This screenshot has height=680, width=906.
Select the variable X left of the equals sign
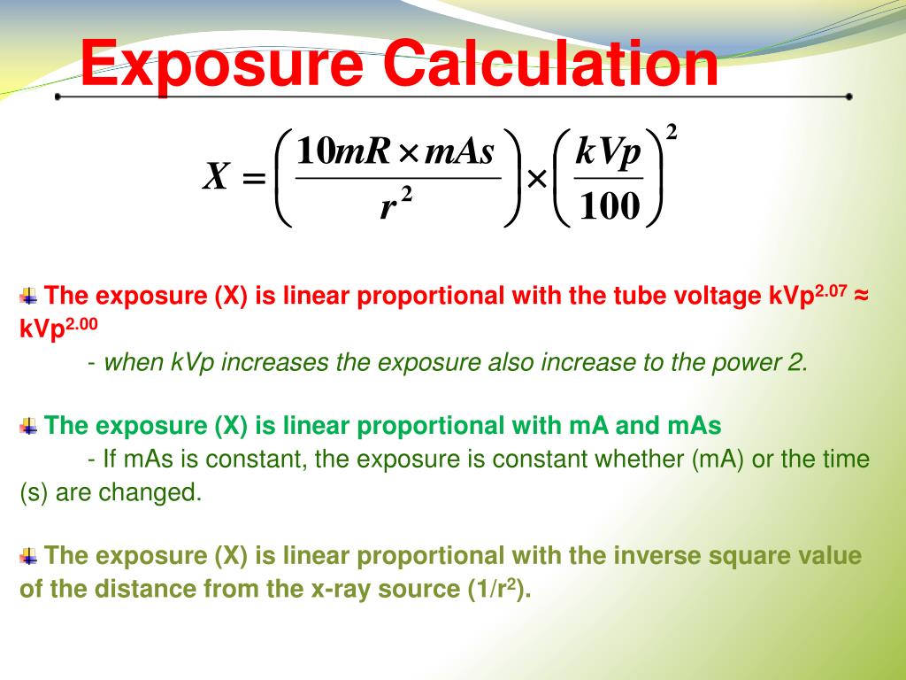coord(217,177)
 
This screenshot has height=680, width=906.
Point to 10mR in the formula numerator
coord(343,151)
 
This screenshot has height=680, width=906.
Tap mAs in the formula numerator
coord(459,151)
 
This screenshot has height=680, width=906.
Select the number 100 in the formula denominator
coord(609,206)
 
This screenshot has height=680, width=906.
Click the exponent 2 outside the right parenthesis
coord(672,133)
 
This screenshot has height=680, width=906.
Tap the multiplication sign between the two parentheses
coord(536,180)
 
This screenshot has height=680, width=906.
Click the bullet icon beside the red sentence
coord(28,296)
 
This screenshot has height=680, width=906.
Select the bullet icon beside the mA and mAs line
coord(28,427)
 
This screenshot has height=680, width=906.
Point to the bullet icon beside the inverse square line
coord(28,557)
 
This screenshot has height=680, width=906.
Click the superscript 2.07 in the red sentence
coord(832,289)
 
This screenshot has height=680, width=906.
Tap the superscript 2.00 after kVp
coord(82,323)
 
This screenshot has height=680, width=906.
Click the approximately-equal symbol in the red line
coord(862,296)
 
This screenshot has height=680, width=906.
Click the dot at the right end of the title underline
coord(848,97)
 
